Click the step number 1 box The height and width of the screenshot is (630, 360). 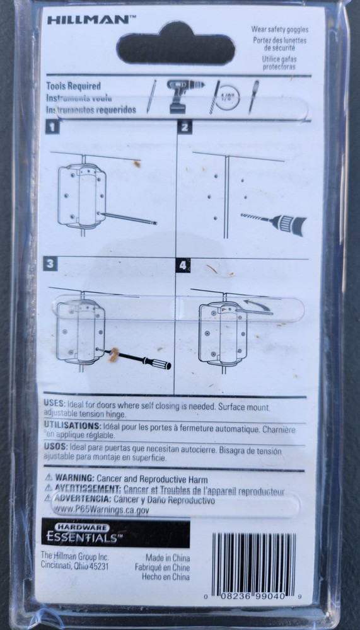pos(53,128)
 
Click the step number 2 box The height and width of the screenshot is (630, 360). pos(185,128)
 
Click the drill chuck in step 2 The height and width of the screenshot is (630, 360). pos(292,224)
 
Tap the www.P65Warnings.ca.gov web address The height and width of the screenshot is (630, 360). pos(103,511)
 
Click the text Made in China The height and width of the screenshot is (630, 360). pos(168,558)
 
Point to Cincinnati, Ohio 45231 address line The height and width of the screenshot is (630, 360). pos(74,566)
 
